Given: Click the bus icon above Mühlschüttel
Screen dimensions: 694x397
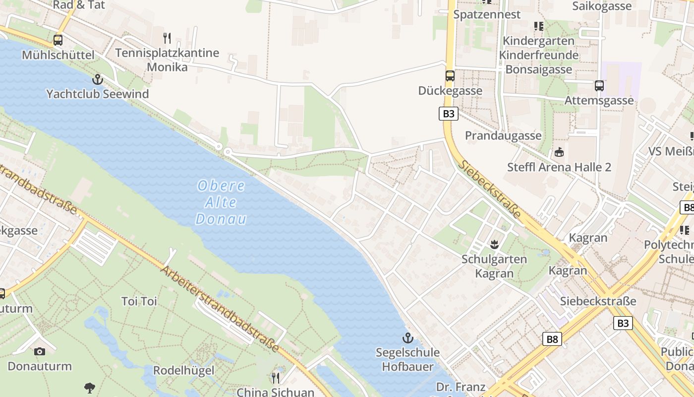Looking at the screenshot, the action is click(x=58, y=40).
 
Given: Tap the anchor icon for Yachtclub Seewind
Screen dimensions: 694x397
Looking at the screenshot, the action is click(x=98, y=79).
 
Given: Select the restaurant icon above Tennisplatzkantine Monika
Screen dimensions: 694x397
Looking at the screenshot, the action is click(x=167, y=38).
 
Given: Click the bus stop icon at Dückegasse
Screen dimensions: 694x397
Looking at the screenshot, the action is click(x=450, y=76).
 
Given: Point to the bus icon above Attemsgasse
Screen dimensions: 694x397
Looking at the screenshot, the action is click(x=599, y=86).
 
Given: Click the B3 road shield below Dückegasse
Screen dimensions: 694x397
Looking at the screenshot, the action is click(x=448, y=114).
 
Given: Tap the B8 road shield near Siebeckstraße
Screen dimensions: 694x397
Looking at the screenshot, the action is click(x=552, y=339).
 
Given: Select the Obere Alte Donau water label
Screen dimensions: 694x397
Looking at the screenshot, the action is click(x=221, y=202).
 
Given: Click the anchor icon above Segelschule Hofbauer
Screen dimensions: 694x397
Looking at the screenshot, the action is click(x=407, y=338).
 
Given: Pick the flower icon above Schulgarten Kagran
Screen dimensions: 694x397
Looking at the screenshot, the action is click(x=494, y=244).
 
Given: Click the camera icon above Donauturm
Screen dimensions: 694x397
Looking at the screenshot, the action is click(x=40, y=351).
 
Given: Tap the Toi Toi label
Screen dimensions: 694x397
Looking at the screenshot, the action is click(x=139, y=301).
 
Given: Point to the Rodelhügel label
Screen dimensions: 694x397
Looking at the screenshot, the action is click(x=183, y=370).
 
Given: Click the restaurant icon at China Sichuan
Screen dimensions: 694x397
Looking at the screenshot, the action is click(x=275, y=378).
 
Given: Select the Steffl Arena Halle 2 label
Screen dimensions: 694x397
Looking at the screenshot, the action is click(x=559, y=167).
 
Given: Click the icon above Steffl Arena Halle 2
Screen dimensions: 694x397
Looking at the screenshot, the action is click(x=559, y=152).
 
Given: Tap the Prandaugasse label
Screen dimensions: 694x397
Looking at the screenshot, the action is click(x=503, y=135).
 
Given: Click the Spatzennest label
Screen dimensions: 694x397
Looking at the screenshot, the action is click(x=487, y=14).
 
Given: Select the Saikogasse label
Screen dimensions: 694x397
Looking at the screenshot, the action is click(x=602, y=6).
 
